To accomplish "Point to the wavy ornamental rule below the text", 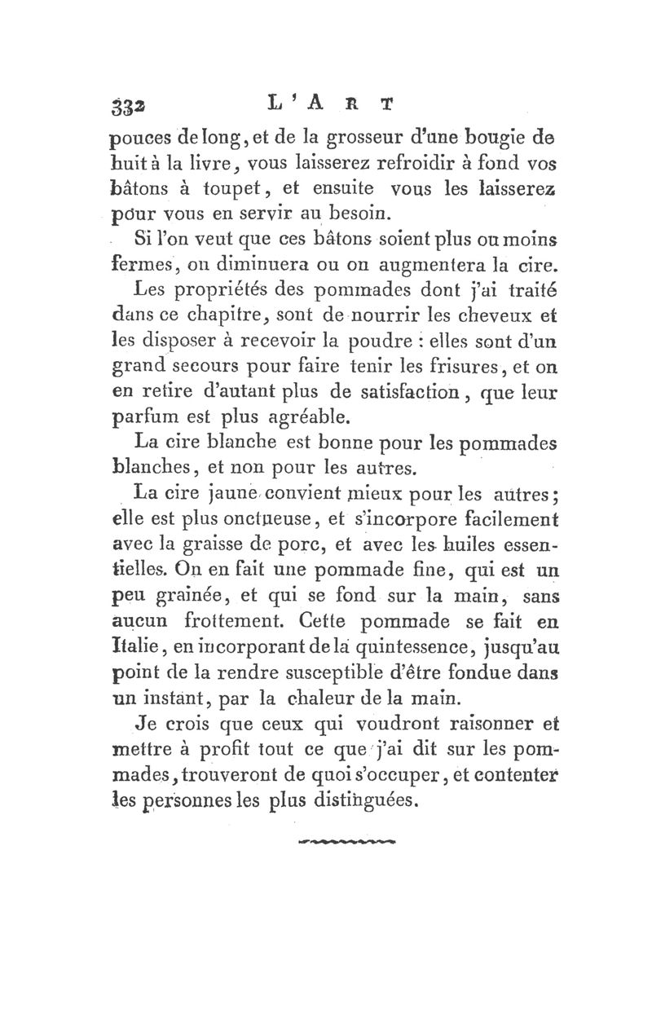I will (x=347, y=838).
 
